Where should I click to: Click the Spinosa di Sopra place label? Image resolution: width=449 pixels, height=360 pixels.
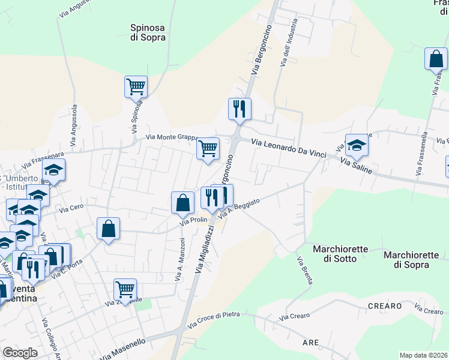pyautogui.click(x=148, y=32)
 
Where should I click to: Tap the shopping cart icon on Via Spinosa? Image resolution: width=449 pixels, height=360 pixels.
pyautogui.click(x=136, y=87)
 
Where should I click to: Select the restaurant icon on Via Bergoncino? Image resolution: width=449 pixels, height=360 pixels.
pyautogui.click(x=239, y=109)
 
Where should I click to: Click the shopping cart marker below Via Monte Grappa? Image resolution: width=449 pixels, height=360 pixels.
pyautogui.click(x=208, y=148)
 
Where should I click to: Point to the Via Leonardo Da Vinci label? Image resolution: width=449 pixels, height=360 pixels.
pyautogui.click(x=288, y=148)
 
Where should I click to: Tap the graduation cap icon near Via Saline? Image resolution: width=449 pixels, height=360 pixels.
pyautogui.click(x=357, y=145)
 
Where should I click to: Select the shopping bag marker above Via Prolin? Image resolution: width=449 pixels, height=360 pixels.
pyautogui.click(x=183, y=203)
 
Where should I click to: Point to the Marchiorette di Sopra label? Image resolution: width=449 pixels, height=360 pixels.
pyautogui.click(x=411, y=259)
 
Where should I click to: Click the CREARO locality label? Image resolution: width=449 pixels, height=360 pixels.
pyautogui.click(x=385, y=306)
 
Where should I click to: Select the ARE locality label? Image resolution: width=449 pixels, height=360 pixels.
pyautogui.click(x=310, y=343)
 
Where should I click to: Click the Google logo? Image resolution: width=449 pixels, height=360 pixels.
pyautogui.click(x=20, y=352)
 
